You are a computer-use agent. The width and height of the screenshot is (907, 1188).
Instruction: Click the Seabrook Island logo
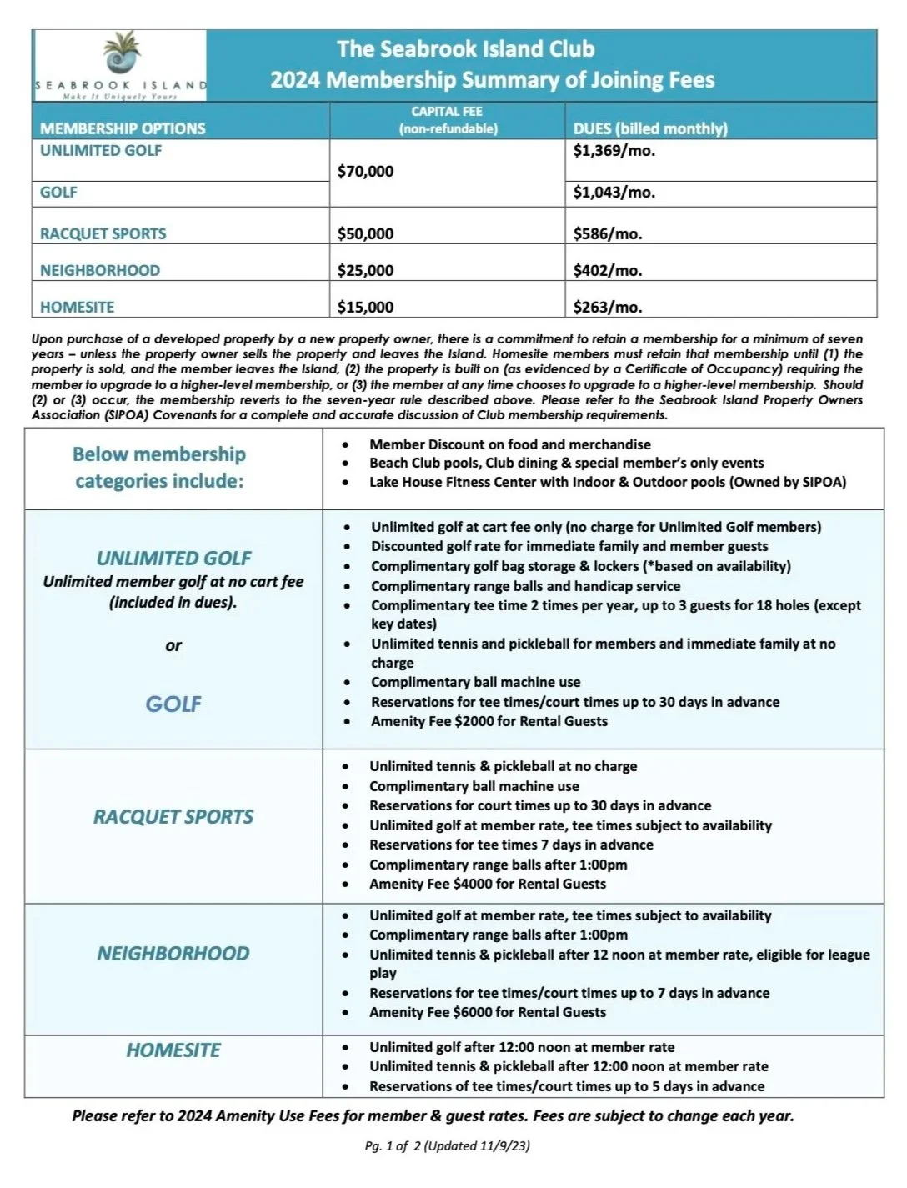click(x=121, y=65)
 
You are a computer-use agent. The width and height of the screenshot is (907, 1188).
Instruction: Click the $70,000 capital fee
click(x=365, y=172)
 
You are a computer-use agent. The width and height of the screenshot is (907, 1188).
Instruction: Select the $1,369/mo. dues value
click(x=614, y=151)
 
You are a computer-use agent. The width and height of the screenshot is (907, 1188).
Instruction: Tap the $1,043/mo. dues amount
click(x=614, y=193)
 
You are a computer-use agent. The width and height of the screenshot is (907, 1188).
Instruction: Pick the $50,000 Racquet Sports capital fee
click(x=365, y=234)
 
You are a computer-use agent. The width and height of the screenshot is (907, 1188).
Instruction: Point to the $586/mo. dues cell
click(x=607, y=234)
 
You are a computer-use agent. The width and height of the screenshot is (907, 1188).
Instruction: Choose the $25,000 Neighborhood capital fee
click(x=365, y=271)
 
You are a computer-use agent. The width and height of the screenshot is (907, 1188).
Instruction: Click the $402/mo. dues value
click(x=607, y=271)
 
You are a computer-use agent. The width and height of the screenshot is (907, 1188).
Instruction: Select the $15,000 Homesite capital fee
click(x=365, y=308)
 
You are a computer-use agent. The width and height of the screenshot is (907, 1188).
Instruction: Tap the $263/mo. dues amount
click(x=607, y=308)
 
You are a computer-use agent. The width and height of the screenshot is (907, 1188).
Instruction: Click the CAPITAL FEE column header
click(x=447, y=120)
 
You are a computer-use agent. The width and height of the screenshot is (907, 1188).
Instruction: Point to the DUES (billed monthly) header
click(x=650, y=128)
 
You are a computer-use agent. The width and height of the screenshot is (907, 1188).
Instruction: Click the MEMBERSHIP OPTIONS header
click(x=123, y=128)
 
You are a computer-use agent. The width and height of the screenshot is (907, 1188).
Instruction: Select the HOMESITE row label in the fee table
click(x=77, y=308)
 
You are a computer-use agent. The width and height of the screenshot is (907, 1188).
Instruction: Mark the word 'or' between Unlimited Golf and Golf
click(x=173, y=645)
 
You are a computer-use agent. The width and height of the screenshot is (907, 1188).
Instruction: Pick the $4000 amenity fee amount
click(x=472, y=885)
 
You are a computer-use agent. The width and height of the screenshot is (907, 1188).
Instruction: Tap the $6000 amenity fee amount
click(x=472, y=1013)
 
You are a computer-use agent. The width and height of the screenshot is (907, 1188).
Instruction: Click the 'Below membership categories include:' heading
click(x=159, y=468)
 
